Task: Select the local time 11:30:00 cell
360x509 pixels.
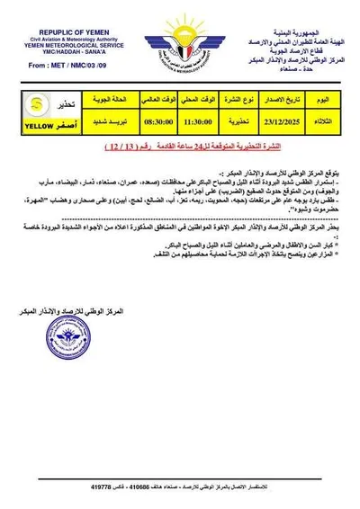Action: pos(181,115)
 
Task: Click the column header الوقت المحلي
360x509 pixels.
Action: pos(181,96)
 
